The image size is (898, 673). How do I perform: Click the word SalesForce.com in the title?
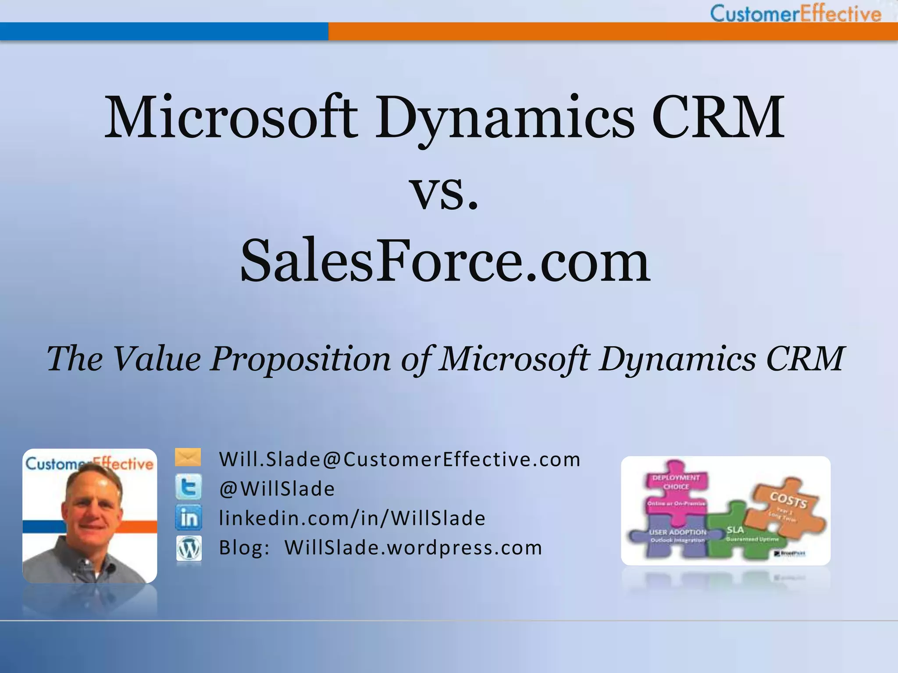[445, 261]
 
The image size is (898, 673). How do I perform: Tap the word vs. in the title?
[444, 193]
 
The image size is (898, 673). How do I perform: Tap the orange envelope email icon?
[188, 457]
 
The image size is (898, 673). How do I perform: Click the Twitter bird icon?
[189, 487]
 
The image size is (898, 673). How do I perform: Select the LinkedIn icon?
[189, 518]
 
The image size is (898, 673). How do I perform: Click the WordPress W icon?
[189, 548]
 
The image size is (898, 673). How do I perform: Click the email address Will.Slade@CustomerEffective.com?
[399, 460]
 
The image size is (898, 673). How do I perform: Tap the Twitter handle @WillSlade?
[277, 489]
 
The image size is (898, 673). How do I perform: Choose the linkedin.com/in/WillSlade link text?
[352, 518]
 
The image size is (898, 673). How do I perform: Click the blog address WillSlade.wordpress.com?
[413, 548]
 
